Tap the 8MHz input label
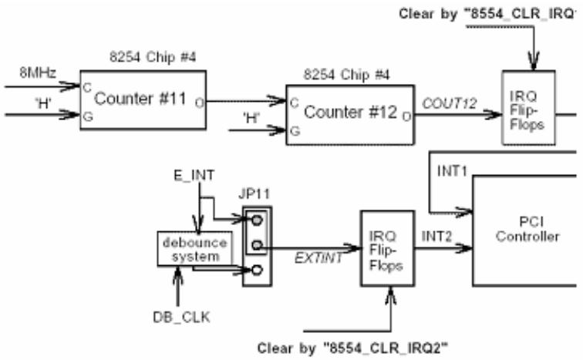coord(38,72)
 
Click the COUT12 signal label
coord(449,103)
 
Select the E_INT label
coord(194,175)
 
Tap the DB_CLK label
coord(181,318)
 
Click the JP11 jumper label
coord(254,193)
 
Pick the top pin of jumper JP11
coord(257,220)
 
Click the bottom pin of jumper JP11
coord(257,270)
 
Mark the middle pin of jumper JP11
coord(257,245)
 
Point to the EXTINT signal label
coord(318,258)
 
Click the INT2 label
coord(436,237)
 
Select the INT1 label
coord(452,171)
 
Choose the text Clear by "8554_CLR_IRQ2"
coord(352,348)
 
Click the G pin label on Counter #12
coord(295,131)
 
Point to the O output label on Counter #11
coord(200,103)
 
